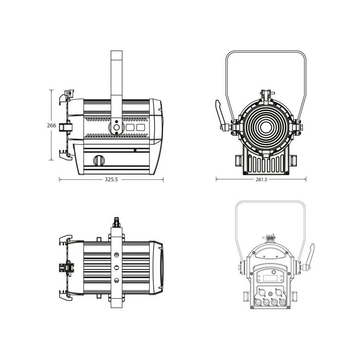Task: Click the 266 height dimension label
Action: pos(51,126)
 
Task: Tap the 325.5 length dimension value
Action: pos(111,180)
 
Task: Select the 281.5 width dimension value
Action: pos(261,180)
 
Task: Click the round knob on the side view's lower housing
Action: pos(99,160)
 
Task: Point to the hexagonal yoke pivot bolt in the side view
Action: pos(117,127)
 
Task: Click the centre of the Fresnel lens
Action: pos(266,126)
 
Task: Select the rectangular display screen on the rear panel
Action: pos(270,278)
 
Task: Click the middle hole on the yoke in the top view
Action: pos(117,267)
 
